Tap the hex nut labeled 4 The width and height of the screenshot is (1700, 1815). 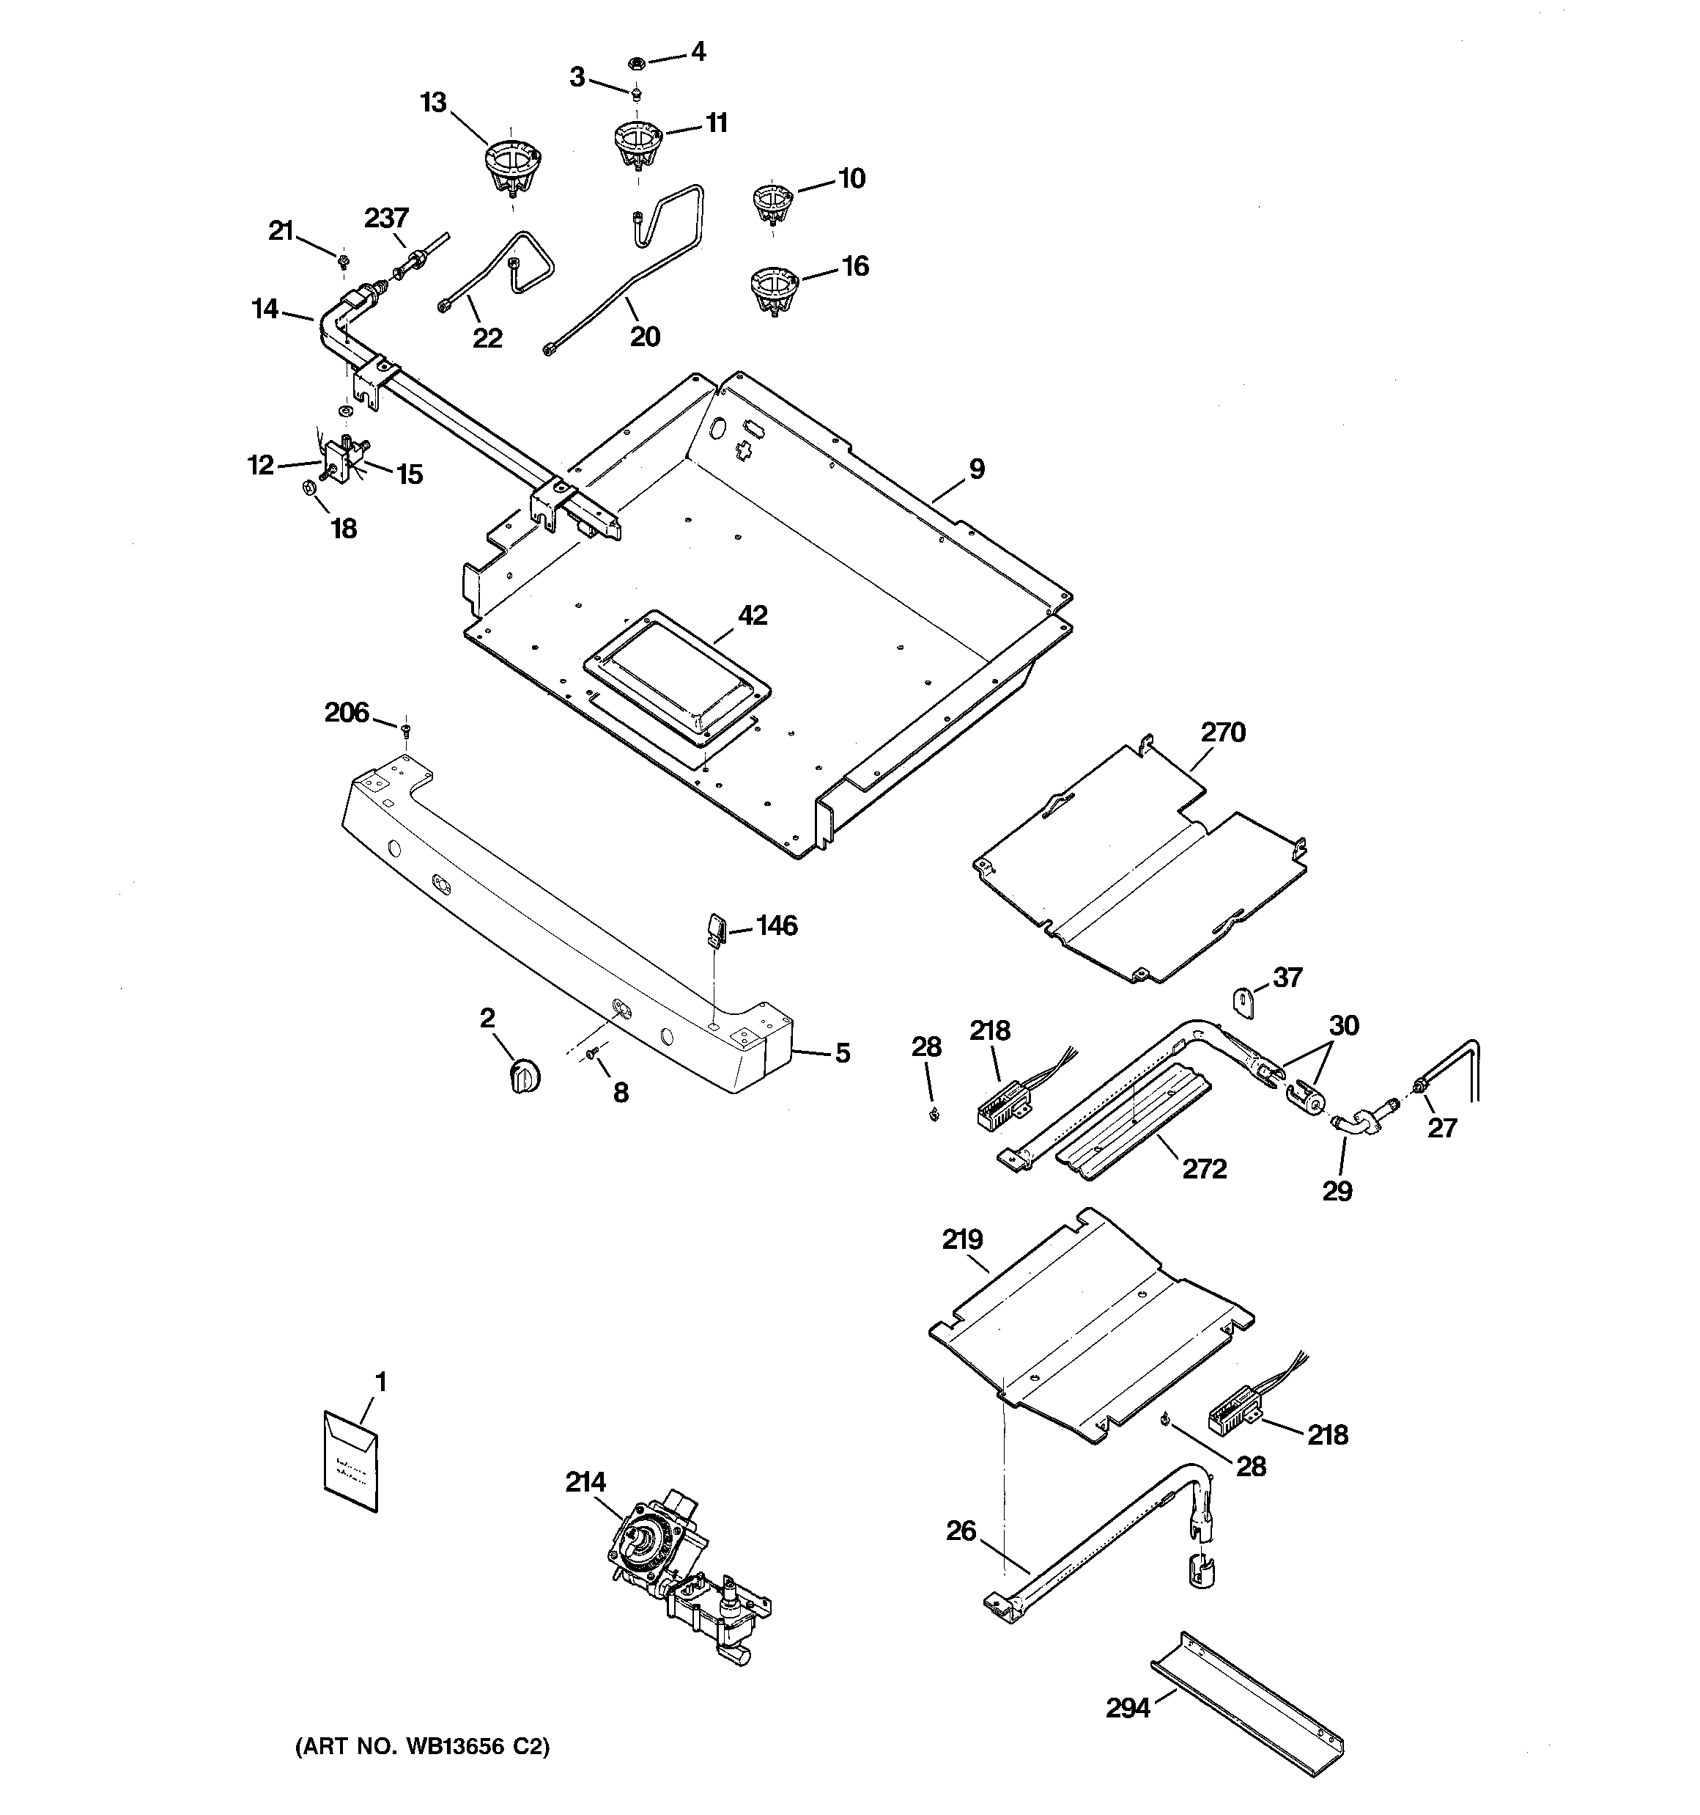pyautogui.click(x=636, y=62)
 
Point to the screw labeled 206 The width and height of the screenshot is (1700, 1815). pyautogui.click(x=406, y=727)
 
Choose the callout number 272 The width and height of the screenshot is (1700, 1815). pyautogui.click(x=1205, y=1169)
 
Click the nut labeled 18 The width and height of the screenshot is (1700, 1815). pyautogui.click(x=308, y=489)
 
